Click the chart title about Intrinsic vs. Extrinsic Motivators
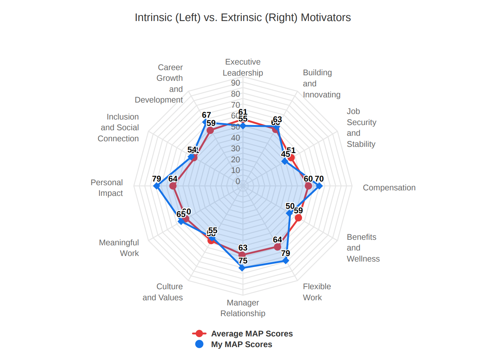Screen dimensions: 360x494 [x=243, y=18]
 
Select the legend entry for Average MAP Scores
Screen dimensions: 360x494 [x=252, y=334]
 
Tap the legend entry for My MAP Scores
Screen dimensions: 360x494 [x=241, y=345]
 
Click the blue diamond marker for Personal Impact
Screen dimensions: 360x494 [x=157, y=186]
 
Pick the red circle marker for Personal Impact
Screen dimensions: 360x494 [x=173, y=186]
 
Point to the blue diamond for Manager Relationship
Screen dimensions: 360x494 [x=242, y=267]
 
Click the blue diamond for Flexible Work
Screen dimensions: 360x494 [x=286, y=260]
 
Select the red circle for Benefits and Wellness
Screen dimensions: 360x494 [x=298, y=218]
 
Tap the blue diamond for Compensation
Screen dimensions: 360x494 [x=319, y=186]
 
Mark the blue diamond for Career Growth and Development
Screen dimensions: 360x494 [x=205, y=121]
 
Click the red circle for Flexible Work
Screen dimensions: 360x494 [x=278, y=246]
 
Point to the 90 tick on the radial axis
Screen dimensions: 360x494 [x=236, y=83]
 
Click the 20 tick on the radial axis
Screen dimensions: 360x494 [x=236, y=160]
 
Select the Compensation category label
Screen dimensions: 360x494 [x=389, y=188]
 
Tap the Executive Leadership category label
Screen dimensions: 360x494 [x=243, y=67]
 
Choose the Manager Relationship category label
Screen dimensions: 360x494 [x=243, y=308]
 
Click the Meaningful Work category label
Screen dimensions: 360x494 [x=119, y=248]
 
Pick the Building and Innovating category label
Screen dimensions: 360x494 [x=321, y=84]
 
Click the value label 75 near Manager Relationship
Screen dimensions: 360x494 [x=243, y=261]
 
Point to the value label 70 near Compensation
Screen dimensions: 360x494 [x=319, y=179]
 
